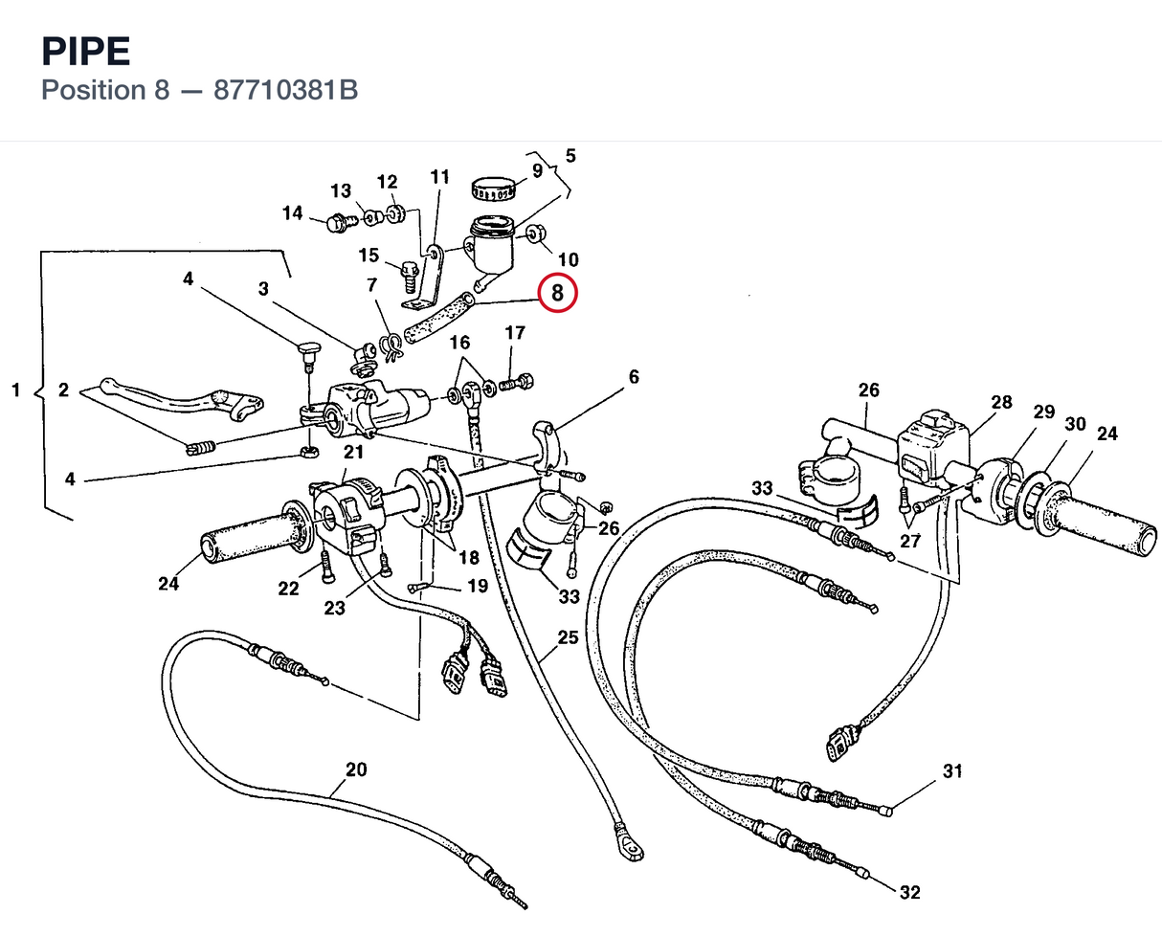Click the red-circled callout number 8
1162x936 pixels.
point(557,293)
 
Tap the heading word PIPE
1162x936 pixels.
point(86,52)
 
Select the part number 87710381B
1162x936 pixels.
point(285,90)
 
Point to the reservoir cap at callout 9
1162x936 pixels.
point(494,188)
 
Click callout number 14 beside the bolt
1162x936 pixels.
point(293,212)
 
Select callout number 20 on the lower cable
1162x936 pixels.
point(356,769)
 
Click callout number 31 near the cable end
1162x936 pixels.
point(952,770)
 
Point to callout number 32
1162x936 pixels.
point(910,892)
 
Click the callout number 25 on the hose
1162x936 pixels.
point(568,637)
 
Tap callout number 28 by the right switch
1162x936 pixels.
point(1001,402)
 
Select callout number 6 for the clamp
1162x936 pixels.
point(634,376)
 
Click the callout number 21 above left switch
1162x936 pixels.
point(354,452)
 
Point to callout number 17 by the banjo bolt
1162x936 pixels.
point(515,333)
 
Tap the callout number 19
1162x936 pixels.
point(478,586)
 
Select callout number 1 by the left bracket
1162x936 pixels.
point(16,390)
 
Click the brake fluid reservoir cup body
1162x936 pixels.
point(491,246)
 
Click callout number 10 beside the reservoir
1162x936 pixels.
point(568,259)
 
